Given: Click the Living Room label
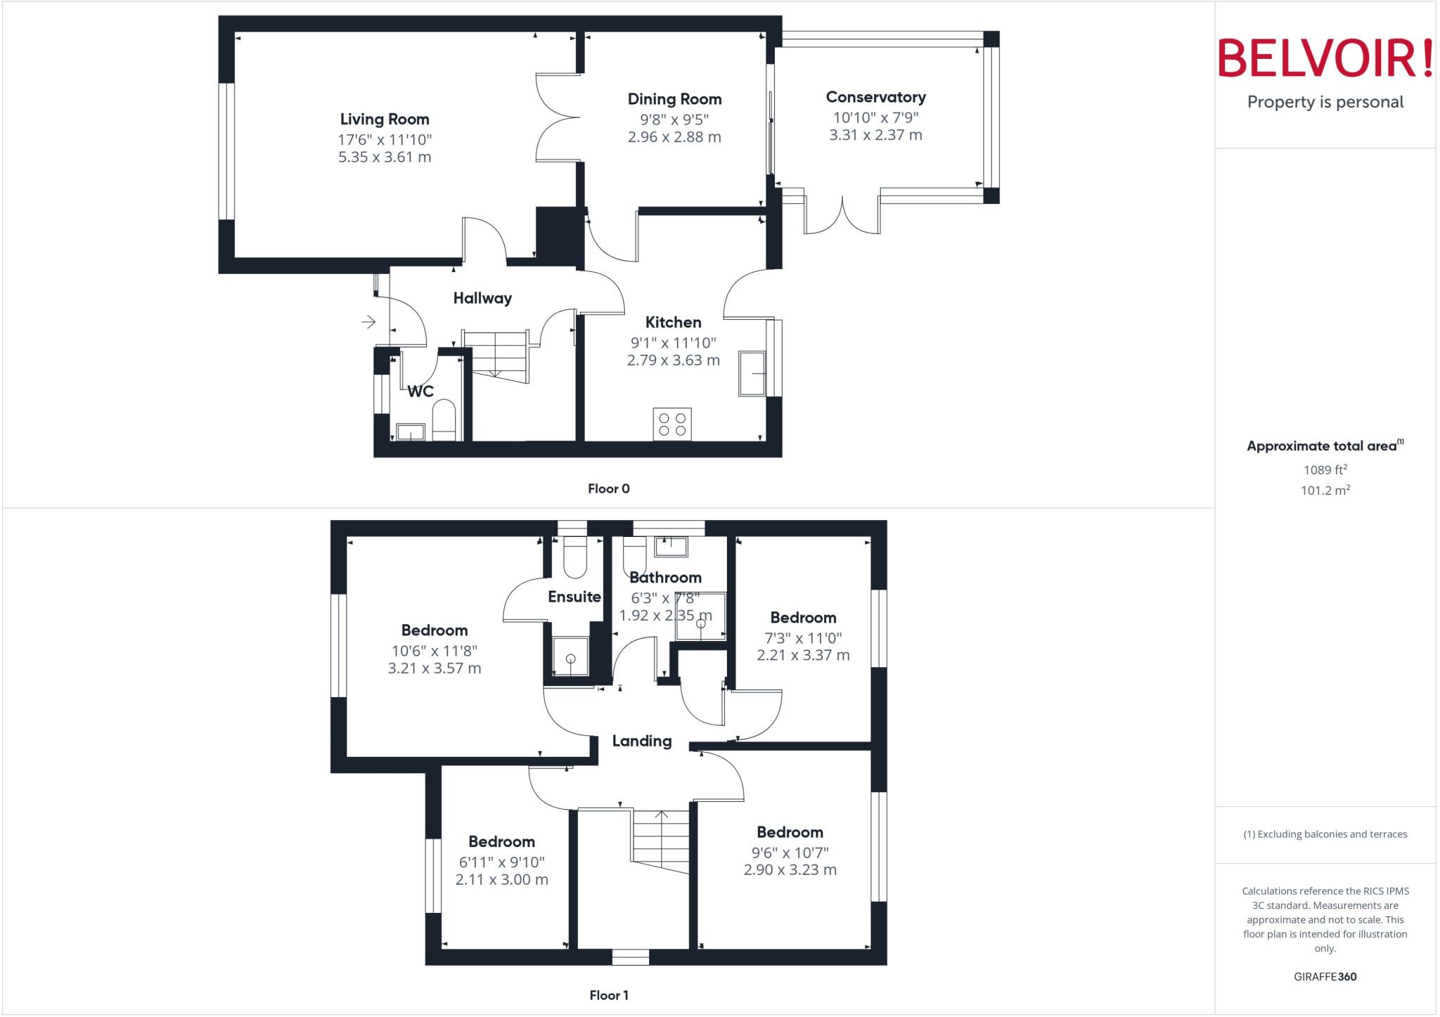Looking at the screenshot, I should click(x=384, y=119).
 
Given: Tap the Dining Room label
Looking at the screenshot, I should click(x=674, y=99).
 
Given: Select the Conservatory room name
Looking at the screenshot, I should click(x=875, y=97).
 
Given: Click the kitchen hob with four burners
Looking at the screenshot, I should click(x=672, y=424).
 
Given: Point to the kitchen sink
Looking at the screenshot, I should click(x=752, y=373).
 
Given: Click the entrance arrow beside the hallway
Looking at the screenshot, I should click(x=368, y=322).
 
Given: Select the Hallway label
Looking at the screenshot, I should click(x=482, y=298).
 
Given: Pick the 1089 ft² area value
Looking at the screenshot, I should click(x=1325, y=469).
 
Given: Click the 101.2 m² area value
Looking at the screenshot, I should click(x=1325, y=490).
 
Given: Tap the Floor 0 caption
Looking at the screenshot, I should click(x=608, y=488).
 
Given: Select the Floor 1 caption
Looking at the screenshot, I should click(x=608, y=995).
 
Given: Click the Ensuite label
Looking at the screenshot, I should click(x=574, y=597).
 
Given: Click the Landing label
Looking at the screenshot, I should click(x=641, y=741).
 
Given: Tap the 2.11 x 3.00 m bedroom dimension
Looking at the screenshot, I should click(x=501, y=879).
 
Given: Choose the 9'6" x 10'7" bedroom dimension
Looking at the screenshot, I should click(x=790, y=853).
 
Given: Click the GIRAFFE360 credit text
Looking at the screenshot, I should click(x=1325, y=976).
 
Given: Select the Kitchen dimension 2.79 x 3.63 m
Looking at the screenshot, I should click(x=673, y=361).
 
